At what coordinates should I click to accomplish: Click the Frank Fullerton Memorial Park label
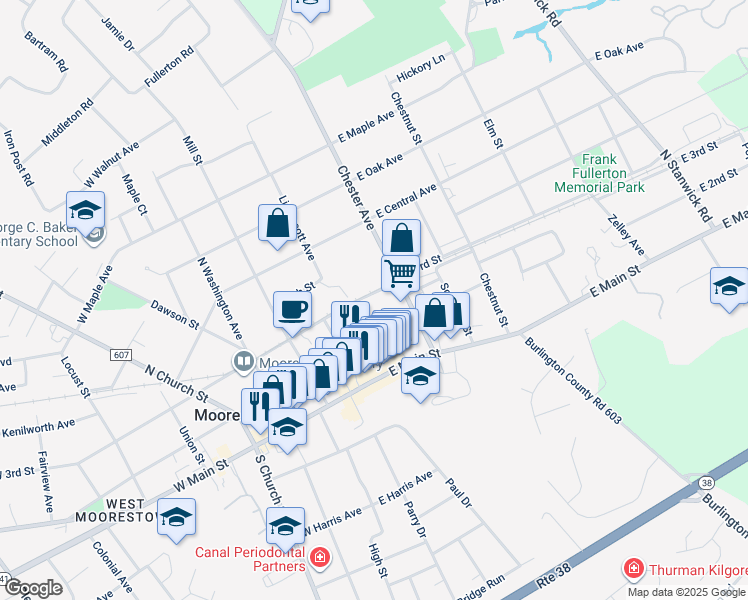click(599, 173)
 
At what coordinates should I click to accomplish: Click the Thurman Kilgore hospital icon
click(633, 569)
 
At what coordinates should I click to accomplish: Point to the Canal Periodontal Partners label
click(249, 559)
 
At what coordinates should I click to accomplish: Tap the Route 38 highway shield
click(707, 482)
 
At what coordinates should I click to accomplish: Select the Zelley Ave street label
click(625, 235)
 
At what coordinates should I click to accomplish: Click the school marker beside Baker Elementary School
click(86, 210)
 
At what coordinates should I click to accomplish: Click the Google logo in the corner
click(33, 588)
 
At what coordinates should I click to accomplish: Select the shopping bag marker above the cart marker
click(401, 238)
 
